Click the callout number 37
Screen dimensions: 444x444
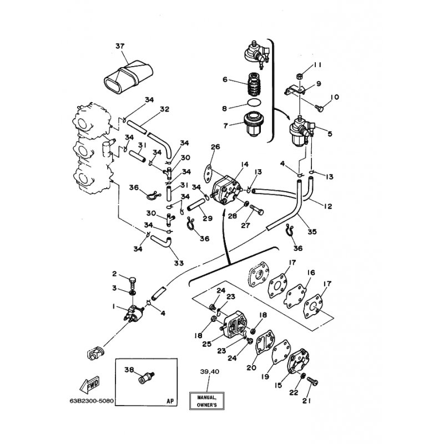click(x=120, y=46)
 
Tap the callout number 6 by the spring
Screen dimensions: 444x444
click(x=225, y=79)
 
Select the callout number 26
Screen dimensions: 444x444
click(x=215, y=147)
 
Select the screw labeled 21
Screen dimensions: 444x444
click(x=312, y=382)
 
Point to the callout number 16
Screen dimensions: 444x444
click(x=311, y=273)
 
